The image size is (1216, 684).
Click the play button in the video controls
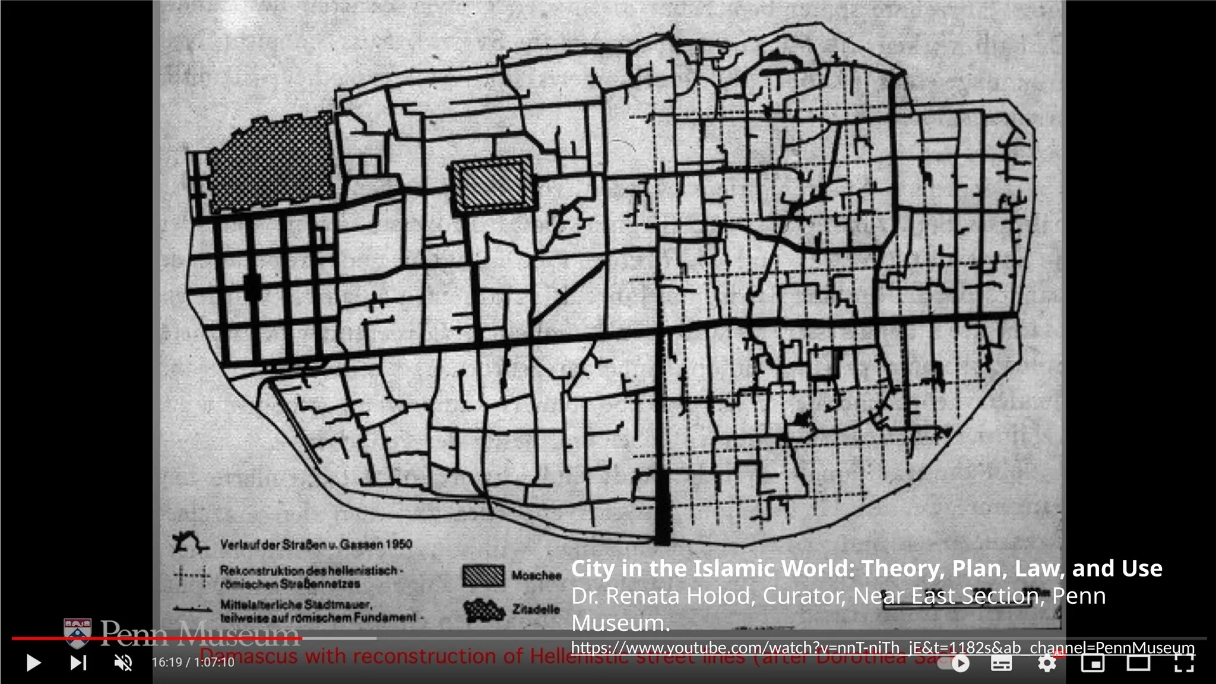point(33,663)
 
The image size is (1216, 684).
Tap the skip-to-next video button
point(78,663)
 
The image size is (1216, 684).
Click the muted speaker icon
point(123,663)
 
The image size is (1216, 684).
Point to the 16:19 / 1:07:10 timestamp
point(193,663)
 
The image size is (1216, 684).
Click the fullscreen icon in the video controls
point(1184,663)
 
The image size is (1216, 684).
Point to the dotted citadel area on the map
point(270,161)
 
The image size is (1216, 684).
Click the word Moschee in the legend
point(536,575)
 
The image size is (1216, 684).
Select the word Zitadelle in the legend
point(536,609)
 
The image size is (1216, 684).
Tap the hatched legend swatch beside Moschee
point(483,575)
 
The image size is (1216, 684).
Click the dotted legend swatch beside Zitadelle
point(483,610)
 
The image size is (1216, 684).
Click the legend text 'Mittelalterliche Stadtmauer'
point(296,604)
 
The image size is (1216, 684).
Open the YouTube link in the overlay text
point(882,647)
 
